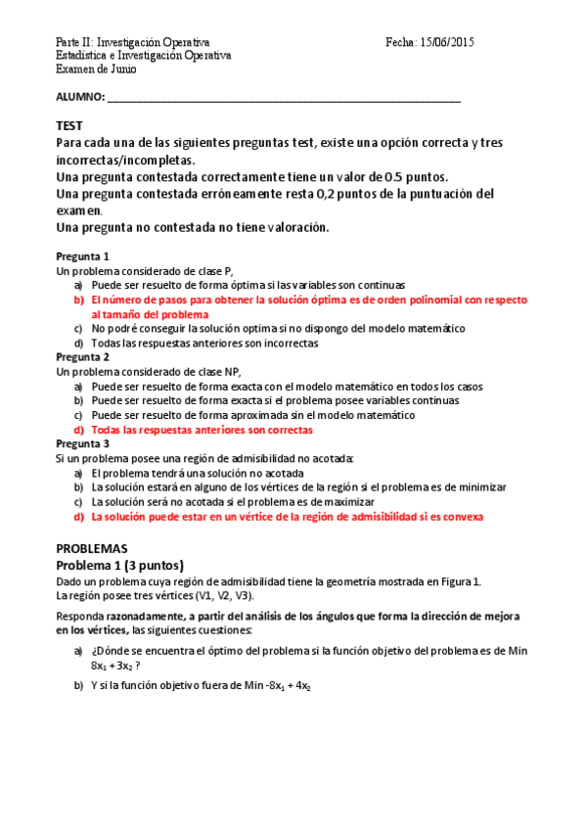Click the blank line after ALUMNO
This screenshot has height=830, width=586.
pyautogui.click(x=284, y=98)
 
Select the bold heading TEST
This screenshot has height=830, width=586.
pyautogui.click(x=69, y=125)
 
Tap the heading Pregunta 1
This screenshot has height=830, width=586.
pyautogui.click(x=82, y=255)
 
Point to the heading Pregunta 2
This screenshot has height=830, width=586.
pyautogui.click(x=82, y=357)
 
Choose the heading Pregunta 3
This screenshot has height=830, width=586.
pyautogui.click(x=82, y=443)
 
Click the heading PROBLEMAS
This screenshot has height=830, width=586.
pyautogui.click(x=92, y=548)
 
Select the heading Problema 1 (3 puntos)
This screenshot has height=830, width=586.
pyautogui.click(x=119, y=565)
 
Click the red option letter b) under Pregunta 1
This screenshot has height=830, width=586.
pyautogui.click(x=78, y=300)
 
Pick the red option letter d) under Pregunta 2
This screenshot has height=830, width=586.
pyautogui.click(x=78, y=430)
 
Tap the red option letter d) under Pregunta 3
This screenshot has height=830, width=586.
pyautogui.click(x=78, y=516)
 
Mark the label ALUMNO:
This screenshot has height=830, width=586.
pyautogui.click(x=80, y=97)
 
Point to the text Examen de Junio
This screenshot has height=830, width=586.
pyautogui.click(x=96, y=69)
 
